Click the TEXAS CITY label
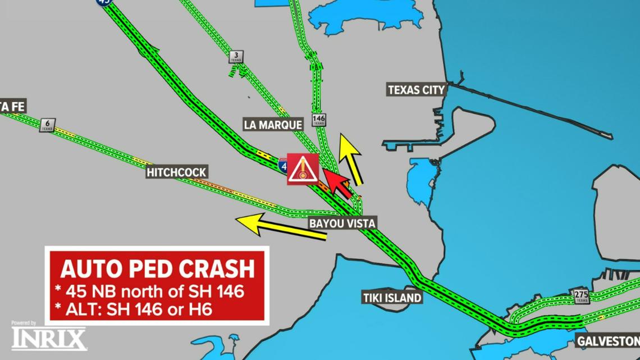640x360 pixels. (x=417, y=90)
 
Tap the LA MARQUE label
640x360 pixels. (x=273, y=124)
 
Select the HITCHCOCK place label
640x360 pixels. (x=177, y=172)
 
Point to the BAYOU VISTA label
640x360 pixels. (x=342, y=224)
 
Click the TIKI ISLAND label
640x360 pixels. (x=392, y=298)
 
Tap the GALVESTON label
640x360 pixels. (x=608, y=341)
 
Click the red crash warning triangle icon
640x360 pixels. (x=303, y=168)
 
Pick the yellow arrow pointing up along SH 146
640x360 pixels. (x=351, y=160)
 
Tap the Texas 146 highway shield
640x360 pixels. (x=319, y=120)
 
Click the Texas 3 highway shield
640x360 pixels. (x=236, y=57)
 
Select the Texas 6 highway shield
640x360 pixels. (x=48, y=125)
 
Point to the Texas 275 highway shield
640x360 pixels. (x=581, y=296)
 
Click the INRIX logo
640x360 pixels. (x=49, y=339)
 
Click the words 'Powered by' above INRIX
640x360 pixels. (x=24, y=323)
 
